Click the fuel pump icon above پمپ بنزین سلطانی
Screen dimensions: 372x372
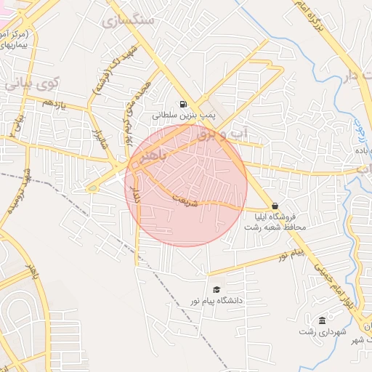pos(182,104)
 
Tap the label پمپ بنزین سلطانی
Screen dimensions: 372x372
pos(182,116)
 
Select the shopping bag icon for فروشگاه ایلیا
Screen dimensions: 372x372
pos(275,206)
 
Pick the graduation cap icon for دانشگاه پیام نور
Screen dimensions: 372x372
pos(215,289)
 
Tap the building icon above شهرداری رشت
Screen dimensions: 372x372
pos(322,321)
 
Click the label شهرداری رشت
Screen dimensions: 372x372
pos(322,332)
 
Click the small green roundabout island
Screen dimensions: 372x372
pos(91,189)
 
